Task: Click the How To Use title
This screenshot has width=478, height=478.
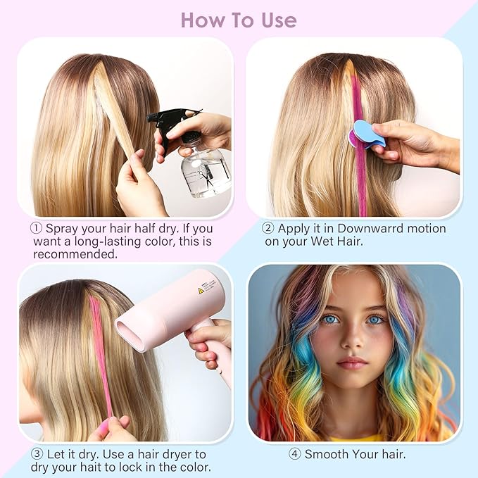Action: click(x=239, y=20)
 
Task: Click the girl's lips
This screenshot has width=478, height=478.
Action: click(x=353, y=363)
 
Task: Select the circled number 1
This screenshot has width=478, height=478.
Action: click(x=36, y=229)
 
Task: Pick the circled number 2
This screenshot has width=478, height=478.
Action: click(x=268, y=228)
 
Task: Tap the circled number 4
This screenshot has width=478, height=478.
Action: click(x=295, y=454)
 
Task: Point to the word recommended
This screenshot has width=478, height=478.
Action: click(x=75, y=254)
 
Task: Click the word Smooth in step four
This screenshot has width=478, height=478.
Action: click(x=327, y=454)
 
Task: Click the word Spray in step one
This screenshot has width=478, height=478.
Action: click(x=62, y=229)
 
